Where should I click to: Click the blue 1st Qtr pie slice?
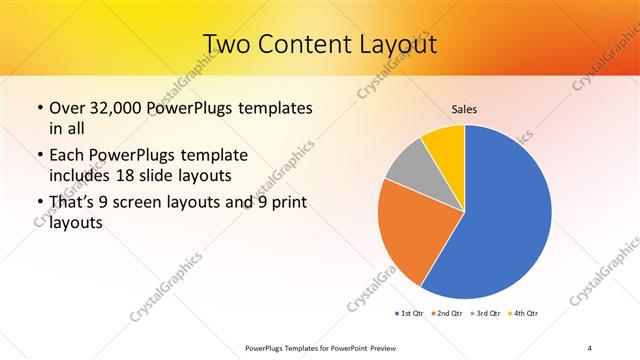(510, 220)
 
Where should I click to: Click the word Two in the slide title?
(226, 45)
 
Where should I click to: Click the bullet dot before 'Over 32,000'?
(38, 108)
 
